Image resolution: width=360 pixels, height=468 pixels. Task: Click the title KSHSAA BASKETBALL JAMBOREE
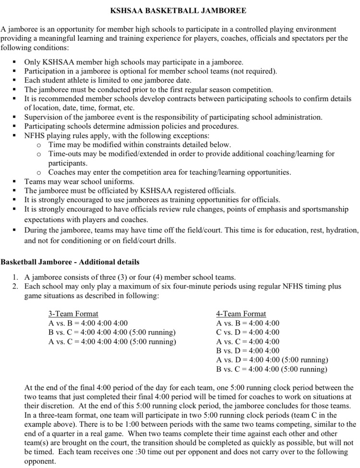pyautogui.click(x=180, y=10)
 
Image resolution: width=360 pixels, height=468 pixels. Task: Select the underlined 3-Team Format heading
pyautogui.click(x=73, y=313)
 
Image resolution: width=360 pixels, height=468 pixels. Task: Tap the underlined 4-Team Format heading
pyautogui.click(x=241, y=313)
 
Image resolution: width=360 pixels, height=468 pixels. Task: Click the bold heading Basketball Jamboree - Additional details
pyautogui.click(x=70, y=262)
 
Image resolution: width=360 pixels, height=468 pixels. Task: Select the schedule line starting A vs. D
pyautogui.click(x=272, y=360)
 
